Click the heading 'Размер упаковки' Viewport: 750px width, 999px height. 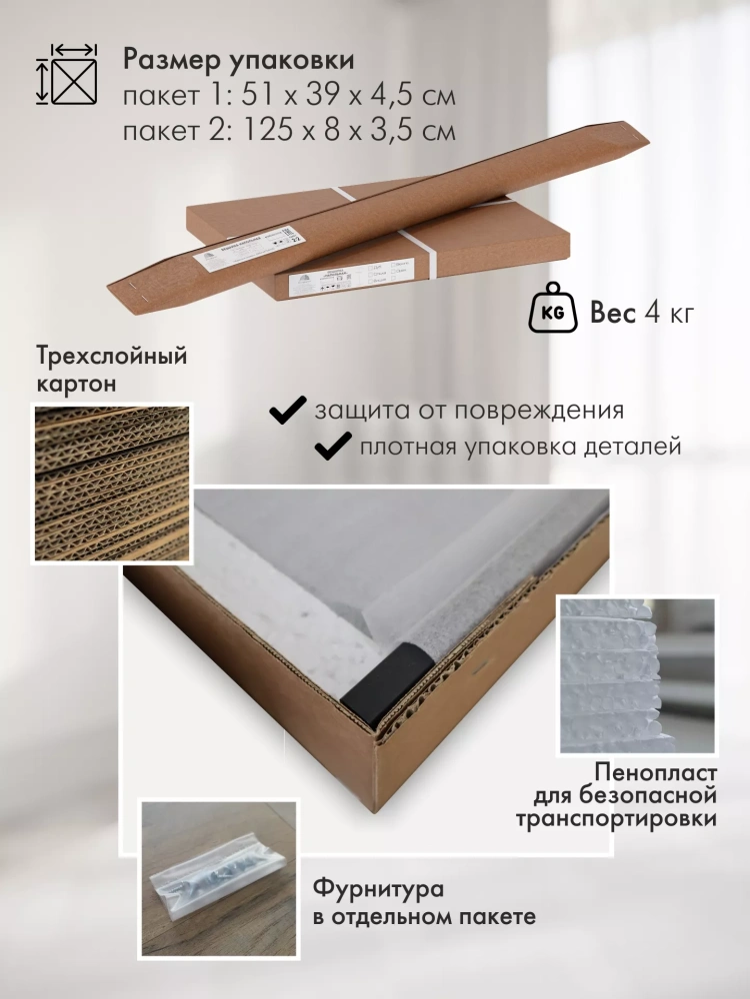pyautogui.click(x=238, y=60)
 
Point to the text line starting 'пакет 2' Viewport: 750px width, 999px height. pyautogui.click(x=289, y=131)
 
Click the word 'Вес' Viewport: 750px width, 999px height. pyautogui.click(x=613, y=314)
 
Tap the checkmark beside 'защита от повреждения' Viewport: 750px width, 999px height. pyautogui.click(x=289, y=410)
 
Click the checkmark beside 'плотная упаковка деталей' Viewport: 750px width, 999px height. pyautogui.click(x=333, y=446)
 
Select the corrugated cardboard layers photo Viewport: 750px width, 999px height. pyautogui.click(x=112, y=483)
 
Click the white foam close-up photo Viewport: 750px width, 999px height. pyautogui.click(x=637, y=675)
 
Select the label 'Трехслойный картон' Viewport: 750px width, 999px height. pyautogui.click(x=112, y=369)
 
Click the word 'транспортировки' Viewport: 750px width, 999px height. pyautogui.click(x=616, y=820)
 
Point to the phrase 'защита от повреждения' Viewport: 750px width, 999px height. pyautogui.click(x=469, y=411)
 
